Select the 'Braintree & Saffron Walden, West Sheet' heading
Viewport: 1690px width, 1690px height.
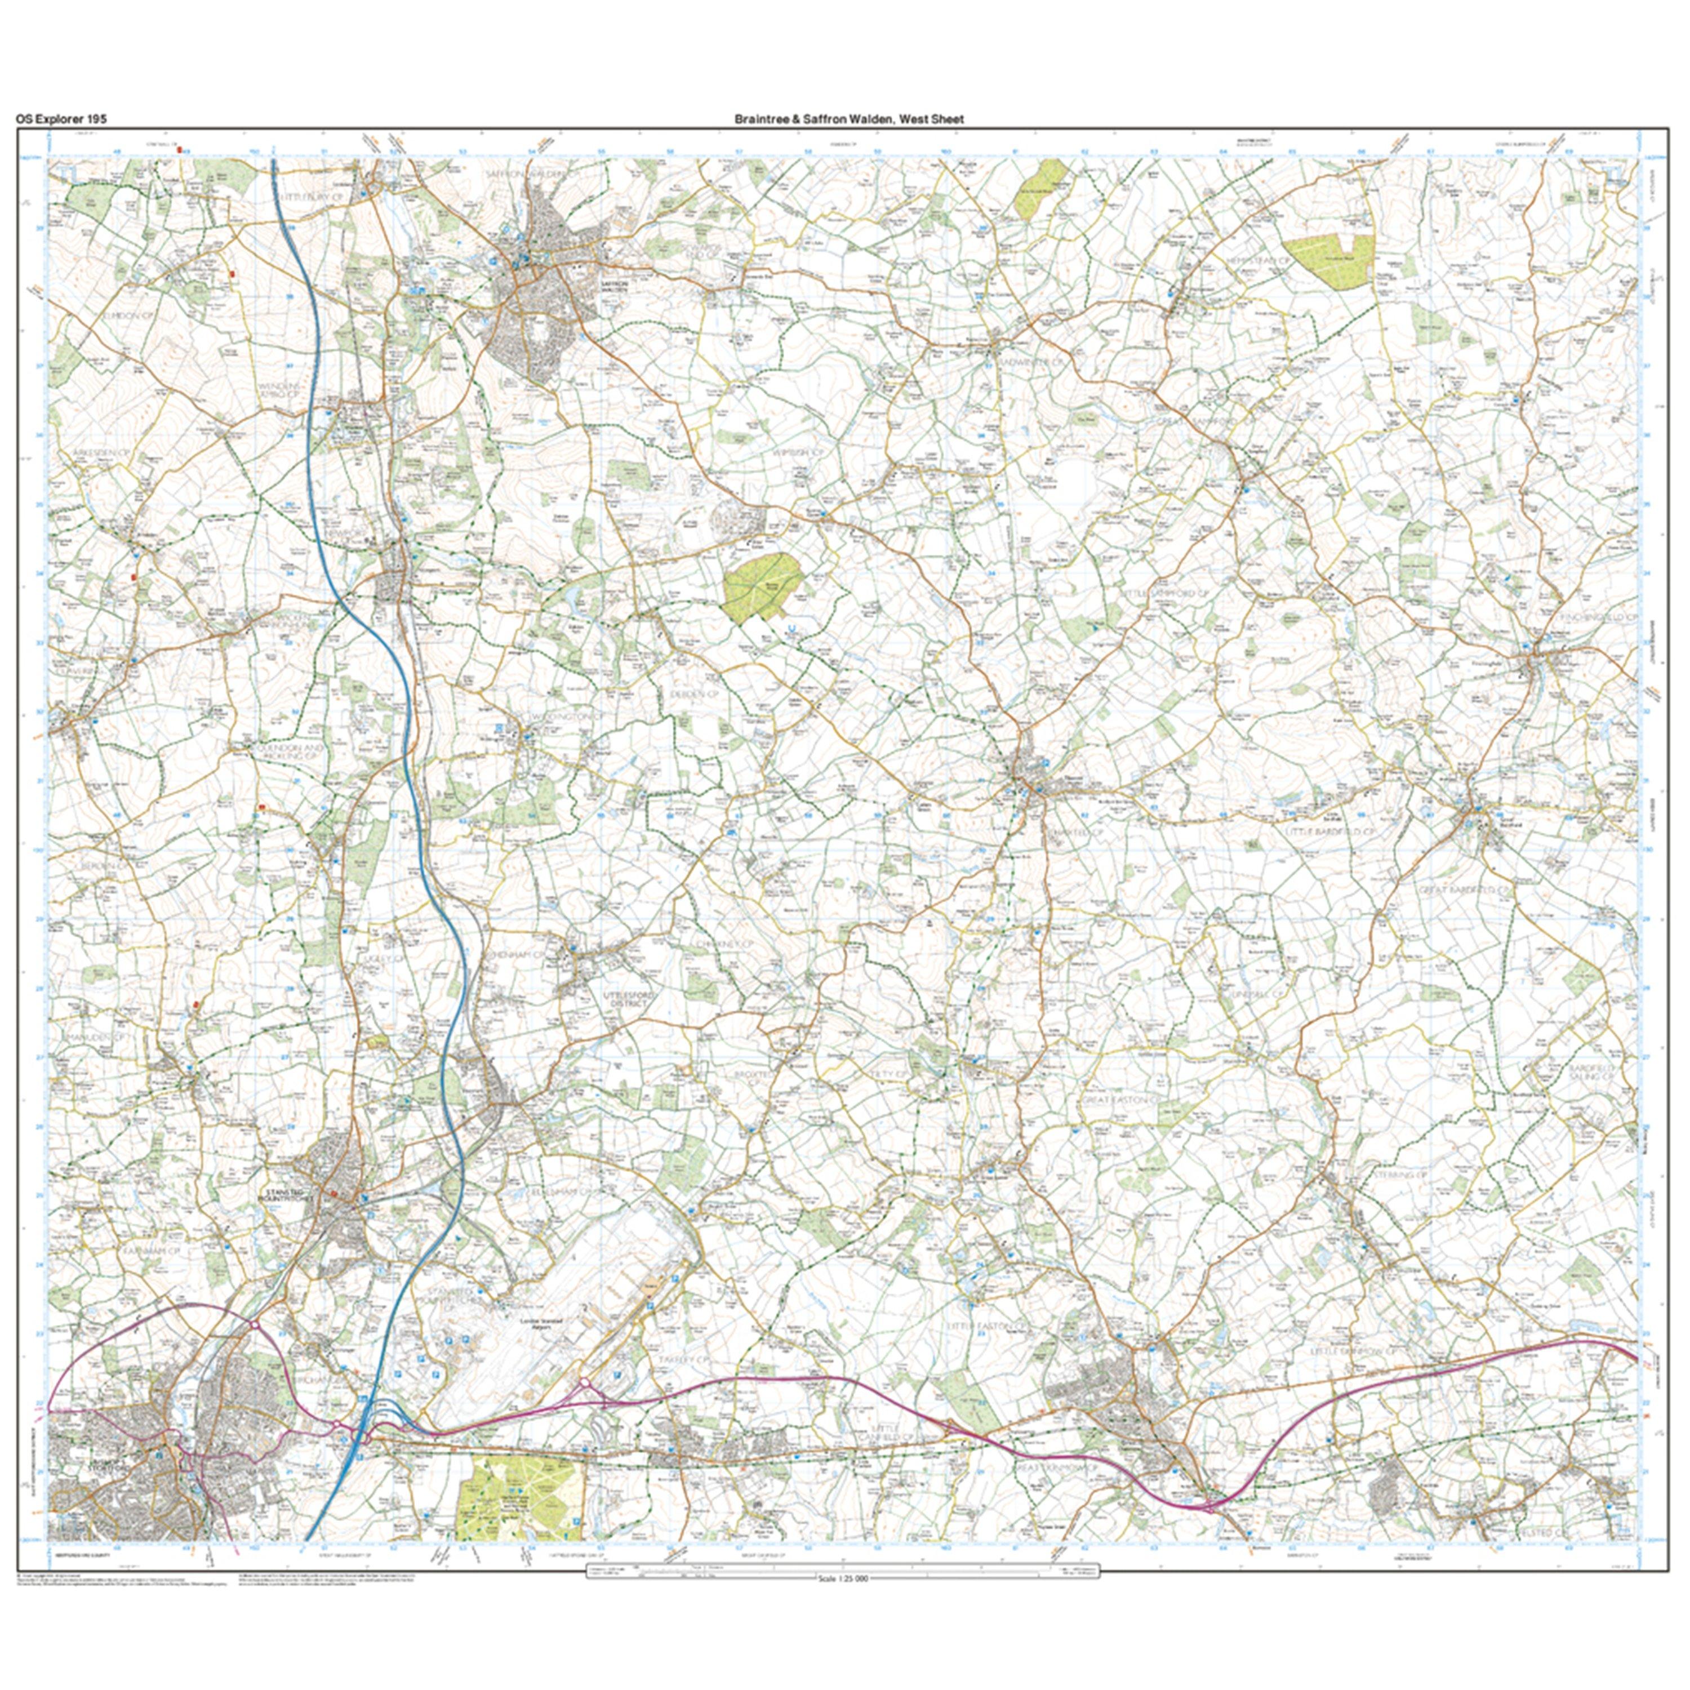click(848, 119)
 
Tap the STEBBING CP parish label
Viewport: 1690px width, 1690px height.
click(1396, 1177)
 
